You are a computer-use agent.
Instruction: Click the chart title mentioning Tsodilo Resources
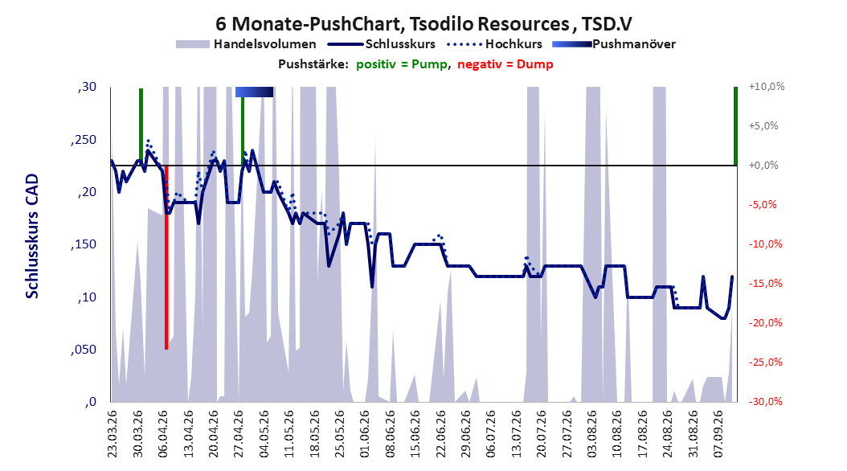(x=423, y=24)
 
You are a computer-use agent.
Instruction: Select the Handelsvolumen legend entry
(x=247, y=44)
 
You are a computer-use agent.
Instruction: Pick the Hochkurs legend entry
(x=494, y=44)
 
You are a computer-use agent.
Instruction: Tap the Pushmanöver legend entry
(x=614, y=44)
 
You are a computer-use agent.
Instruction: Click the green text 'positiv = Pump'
(x=402, y=64)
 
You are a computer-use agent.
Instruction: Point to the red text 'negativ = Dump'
(x=505, y=64)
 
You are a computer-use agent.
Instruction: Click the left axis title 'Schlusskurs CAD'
(x=32, y=235)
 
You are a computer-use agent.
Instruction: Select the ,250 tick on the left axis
(x=84, y=140)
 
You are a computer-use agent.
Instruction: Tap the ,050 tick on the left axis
(x=84, y=350)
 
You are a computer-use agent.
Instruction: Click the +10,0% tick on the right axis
(x=767, y=87)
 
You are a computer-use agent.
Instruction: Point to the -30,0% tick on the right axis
(x=765, y=401)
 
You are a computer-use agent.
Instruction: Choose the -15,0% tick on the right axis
(x=765, y=284)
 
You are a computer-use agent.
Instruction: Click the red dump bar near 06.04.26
(x=166, y=257)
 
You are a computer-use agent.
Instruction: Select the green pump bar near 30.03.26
(x=141, y=126)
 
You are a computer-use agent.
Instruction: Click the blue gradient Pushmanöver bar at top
(x=255, y=92)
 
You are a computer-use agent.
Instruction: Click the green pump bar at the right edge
(x=735, y=126)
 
